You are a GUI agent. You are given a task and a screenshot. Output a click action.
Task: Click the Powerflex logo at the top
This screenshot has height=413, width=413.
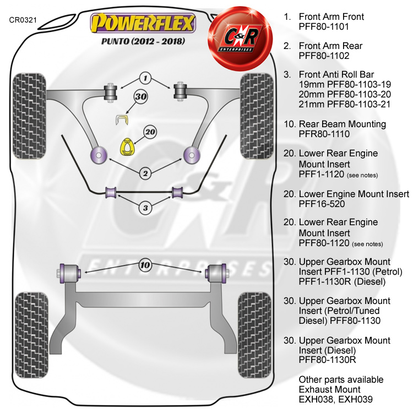pos(143,23)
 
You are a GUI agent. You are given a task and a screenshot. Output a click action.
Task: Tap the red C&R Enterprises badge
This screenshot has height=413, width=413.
pos(240,39)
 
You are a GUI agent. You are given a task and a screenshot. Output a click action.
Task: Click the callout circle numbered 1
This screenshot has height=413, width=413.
pos(145,78)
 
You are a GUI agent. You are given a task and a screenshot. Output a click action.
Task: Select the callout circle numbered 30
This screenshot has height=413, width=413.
pos(140,97)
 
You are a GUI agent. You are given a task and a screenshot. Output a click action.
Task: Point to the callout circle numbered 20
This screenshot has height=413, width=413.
pos(150,132)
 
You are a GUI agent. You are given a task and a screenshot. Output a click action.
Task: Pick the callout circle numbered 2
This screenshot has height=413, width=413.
pos(145,173)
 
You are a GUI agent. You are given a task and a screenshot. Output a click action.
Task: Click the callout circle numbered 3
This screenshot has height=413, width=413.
pos(145,208)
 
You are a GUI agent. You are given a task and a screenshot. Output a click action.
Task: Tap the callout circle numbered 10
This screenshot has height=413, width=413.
pos(145,265)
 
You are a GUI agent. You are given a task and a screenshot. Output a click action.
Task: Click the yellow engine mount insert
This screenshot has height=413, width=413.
pos(128,147)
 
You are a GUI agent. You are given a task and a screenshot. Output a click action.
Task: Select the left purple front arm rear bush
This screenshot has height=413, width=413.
pos(99,155)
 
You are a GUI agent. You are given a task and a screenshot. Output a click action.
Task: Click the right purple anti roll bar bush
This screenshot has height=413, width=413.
pos(177,193)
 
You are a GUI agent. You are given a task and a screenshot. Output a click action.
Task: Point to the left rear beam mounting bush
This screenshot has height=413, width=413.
pos(69,273)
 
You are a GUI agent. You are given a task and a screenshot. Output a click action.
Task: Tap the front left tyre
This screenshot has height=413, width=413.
pos(29,116)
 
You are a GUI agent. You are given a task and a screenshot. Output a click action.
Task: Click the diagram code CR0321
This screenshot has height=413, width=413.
pos(23,20)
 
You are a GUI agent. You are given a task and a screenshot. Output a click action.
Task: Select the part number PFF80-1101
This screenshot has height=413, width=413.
pos(324,26)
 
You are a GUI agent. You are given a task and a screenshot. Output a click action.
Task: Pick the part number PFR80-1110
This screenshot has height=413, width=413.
pos(324,134)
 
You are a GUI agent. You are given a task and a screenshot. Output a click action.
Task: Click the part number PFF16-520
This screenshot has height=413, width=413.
pos(322,204)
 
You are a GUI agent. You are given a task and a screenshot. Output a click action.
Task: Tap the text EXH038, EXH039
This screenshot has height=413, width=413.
pos(335,399)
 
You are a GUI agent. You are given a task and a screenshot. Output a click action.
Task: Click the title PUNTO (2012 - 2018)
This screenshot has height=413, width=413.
pos(143,41)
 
